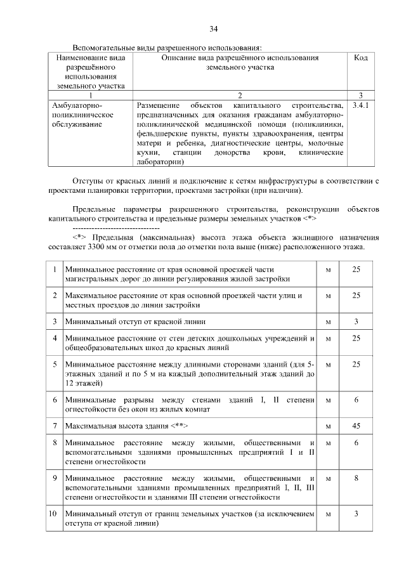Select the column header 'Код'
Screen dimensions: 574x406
(x=360, y=58)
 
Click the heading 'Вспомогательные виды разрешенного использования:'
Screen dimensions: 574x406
(x=167, y=47)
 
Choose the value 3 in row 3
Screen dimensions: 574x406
(x=356, y=321)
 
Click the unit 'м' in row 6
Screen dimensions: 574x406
(x=328, y=400)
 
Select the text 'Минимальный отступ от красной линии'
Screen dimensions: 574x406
(x=135, y=321)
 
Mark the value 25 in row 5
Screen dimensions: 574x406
(x=356, y=365)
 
